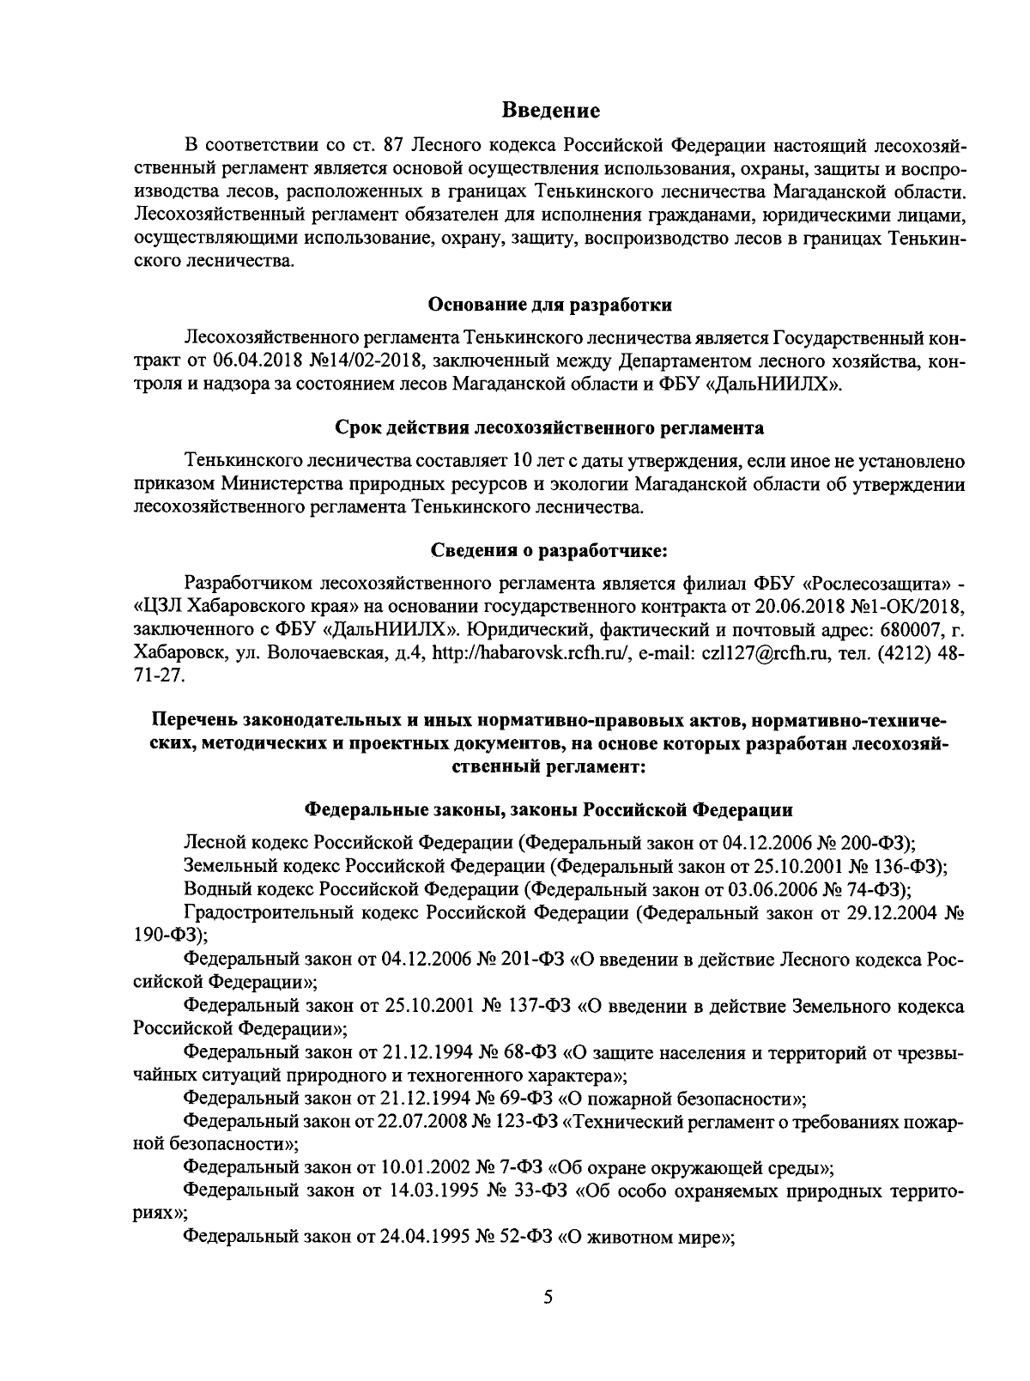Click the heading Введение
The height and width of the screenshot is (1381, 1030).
[x=550, y=111]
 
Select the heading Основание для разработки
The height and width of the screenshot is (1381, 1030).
[x=549, y=305]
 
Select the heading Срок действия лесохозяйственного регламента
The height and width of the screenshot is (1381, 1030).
[x=549, y=427]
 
